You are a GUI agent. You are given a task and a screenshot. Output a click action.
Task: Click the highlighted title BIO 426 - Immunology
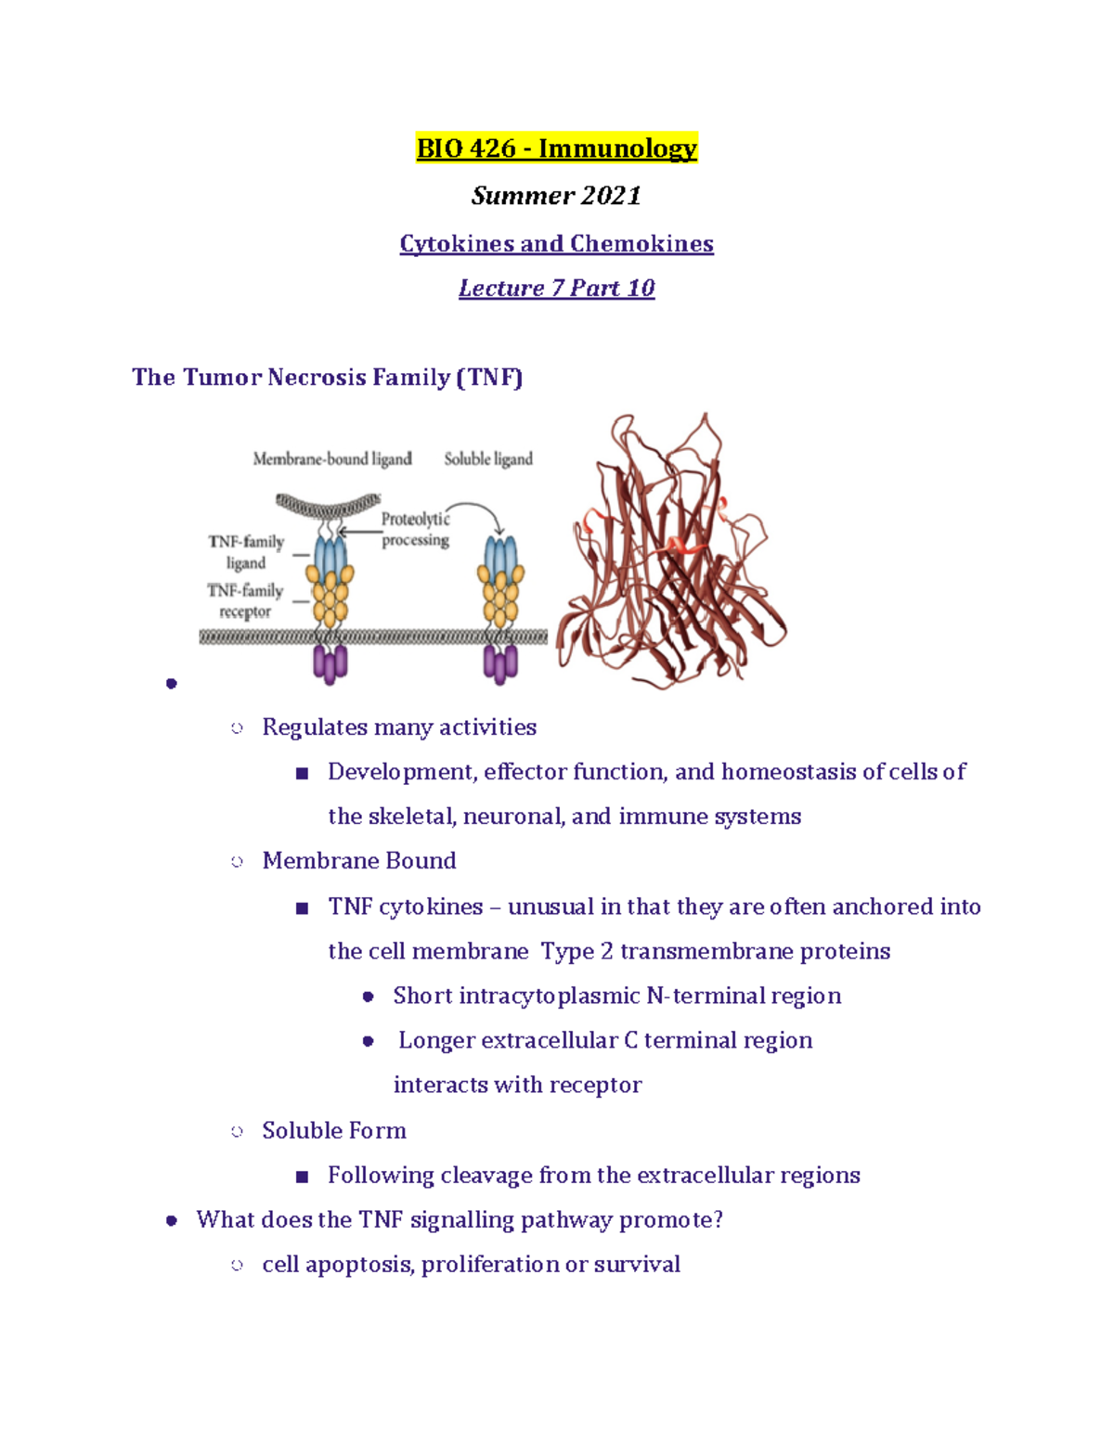(556, 148)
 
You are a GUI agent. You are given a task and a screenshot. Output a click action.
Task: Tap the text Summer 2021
(556, 196)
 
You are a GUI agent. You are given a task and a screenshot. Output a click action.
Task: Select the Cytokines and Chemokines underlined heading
(556, 243)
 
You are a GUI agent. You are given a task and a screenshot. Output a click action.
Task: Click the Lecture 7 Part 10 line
(556, 288)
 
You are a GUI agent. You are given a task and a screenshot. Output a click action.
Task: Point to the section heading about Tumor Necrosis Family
(327, 377)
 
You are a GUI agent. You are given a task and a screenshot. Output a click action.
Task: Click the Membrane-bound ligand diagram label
(332, 458)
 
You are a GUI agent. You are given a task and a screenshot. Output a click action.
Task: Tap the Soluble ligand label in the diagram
(488, 458)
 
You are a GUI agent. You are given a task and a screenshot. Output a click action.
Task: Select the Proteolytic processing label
(415, 529)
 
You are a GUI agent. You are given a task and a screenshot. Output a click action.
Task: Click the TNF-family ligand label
(246, 552)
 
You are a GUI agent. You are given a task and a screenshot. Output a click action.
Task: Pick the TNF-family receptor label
(245, 601)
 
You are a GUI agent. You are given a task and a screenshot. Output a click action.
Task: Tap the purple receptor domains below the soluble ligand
(500, 664)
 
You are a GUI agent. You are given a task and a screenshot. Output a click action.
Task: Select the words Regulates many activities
(399, 727)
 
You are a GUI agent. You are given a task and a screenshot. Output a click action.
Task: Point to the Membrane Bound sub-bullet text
(359, 860)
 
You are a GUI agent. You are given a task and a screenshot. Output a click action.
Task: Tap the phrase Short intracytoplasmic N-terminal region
(617, 996)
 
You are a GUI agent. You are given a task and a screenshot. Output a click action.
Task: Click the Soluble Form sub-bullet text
(334, 1130)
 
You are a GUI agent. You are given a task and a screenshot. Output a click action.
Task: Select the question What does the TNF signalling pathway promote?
(460, 1219)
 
